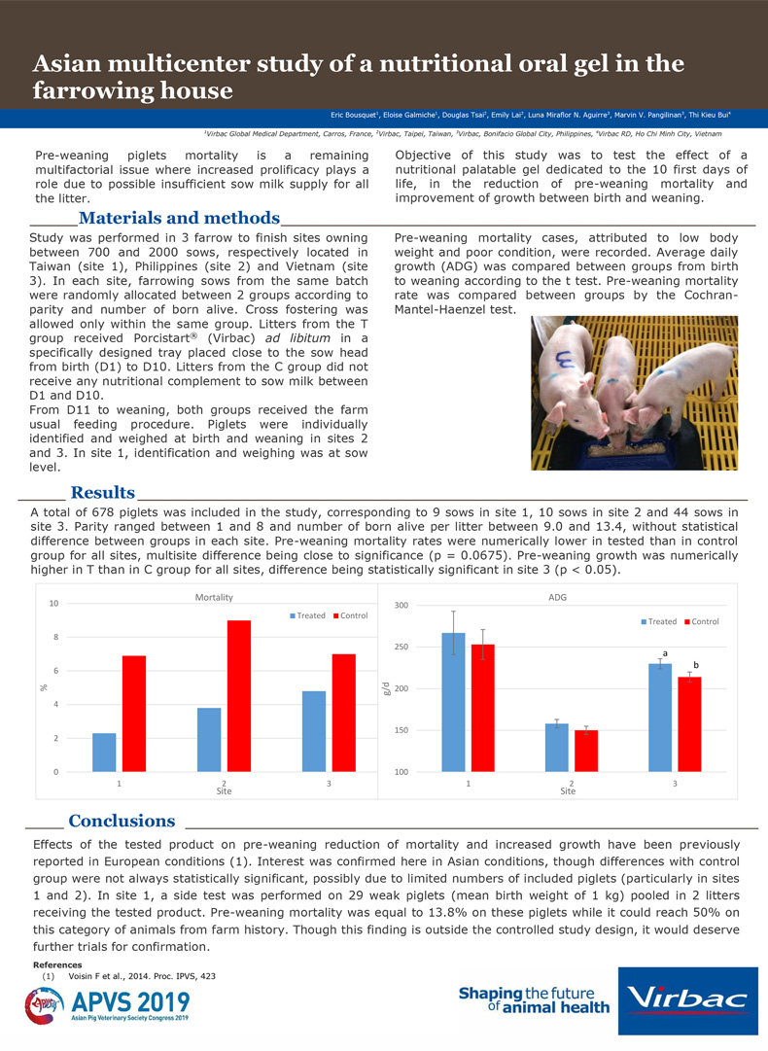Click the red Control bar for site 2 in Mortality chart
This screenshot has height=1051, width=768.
pyautogui.click(x=238, y=696)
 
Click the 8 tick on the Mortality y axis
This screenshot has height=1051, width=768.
pyautogui.click(x=53, y=638)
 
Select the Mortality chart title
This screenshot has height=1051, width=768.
pyautogui.click(x=214, y=597)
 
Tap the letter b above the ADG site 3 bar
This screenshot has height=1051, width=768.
pyautogui.click(x=696, y=664)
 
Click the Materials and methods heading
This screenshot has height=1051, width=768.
pyautogui.click(x=179, y=218)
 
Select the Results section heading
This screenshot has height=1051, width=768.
pyautogui.click(x=102, y=493)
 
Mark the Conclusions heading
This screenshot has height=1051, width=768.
pyautogui.click(x=122, y=822)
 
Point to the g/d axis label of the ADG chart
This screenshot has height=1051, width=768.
pyautogui.click(x=388, y=688)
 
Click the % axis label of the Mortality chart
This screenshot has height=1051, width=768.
pyautogui.click(x=43, y=687)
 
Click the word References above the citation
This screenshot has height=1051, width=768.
pyautogui.click(x=56, y=964)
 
